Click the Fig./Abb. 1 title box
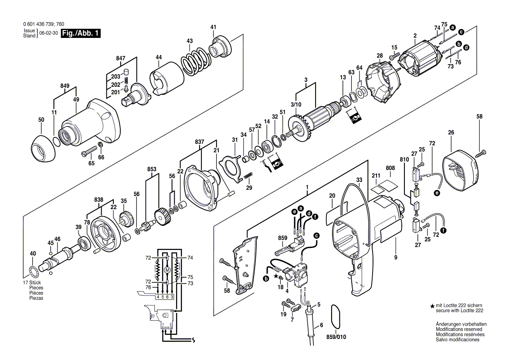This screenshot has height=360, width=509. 81,34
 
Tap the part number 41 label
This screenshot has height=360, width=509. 213,27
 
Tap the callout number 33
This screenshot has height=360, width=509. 359,180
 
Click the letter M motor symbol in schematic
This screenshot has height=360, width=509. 166,271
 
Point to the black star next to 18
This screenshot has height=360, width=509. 275,276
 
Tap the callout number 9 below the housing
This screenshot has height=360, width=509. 396,258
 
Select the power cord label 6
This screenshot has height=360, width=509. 321,325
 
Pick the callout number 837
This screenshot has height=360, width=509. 200,141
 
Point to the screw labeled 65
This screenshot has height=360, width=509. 90,152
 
